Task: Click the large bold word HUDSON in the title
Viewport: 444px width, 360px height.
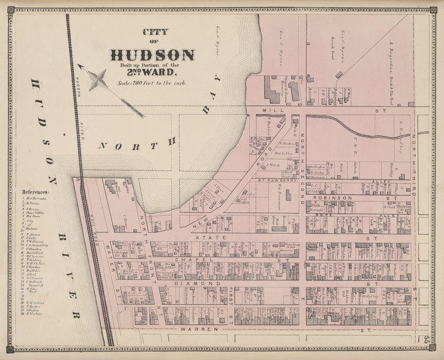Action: [x=152, y=55]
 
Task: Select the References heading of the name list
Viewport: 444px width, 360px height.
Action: [x=36, y=191]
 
